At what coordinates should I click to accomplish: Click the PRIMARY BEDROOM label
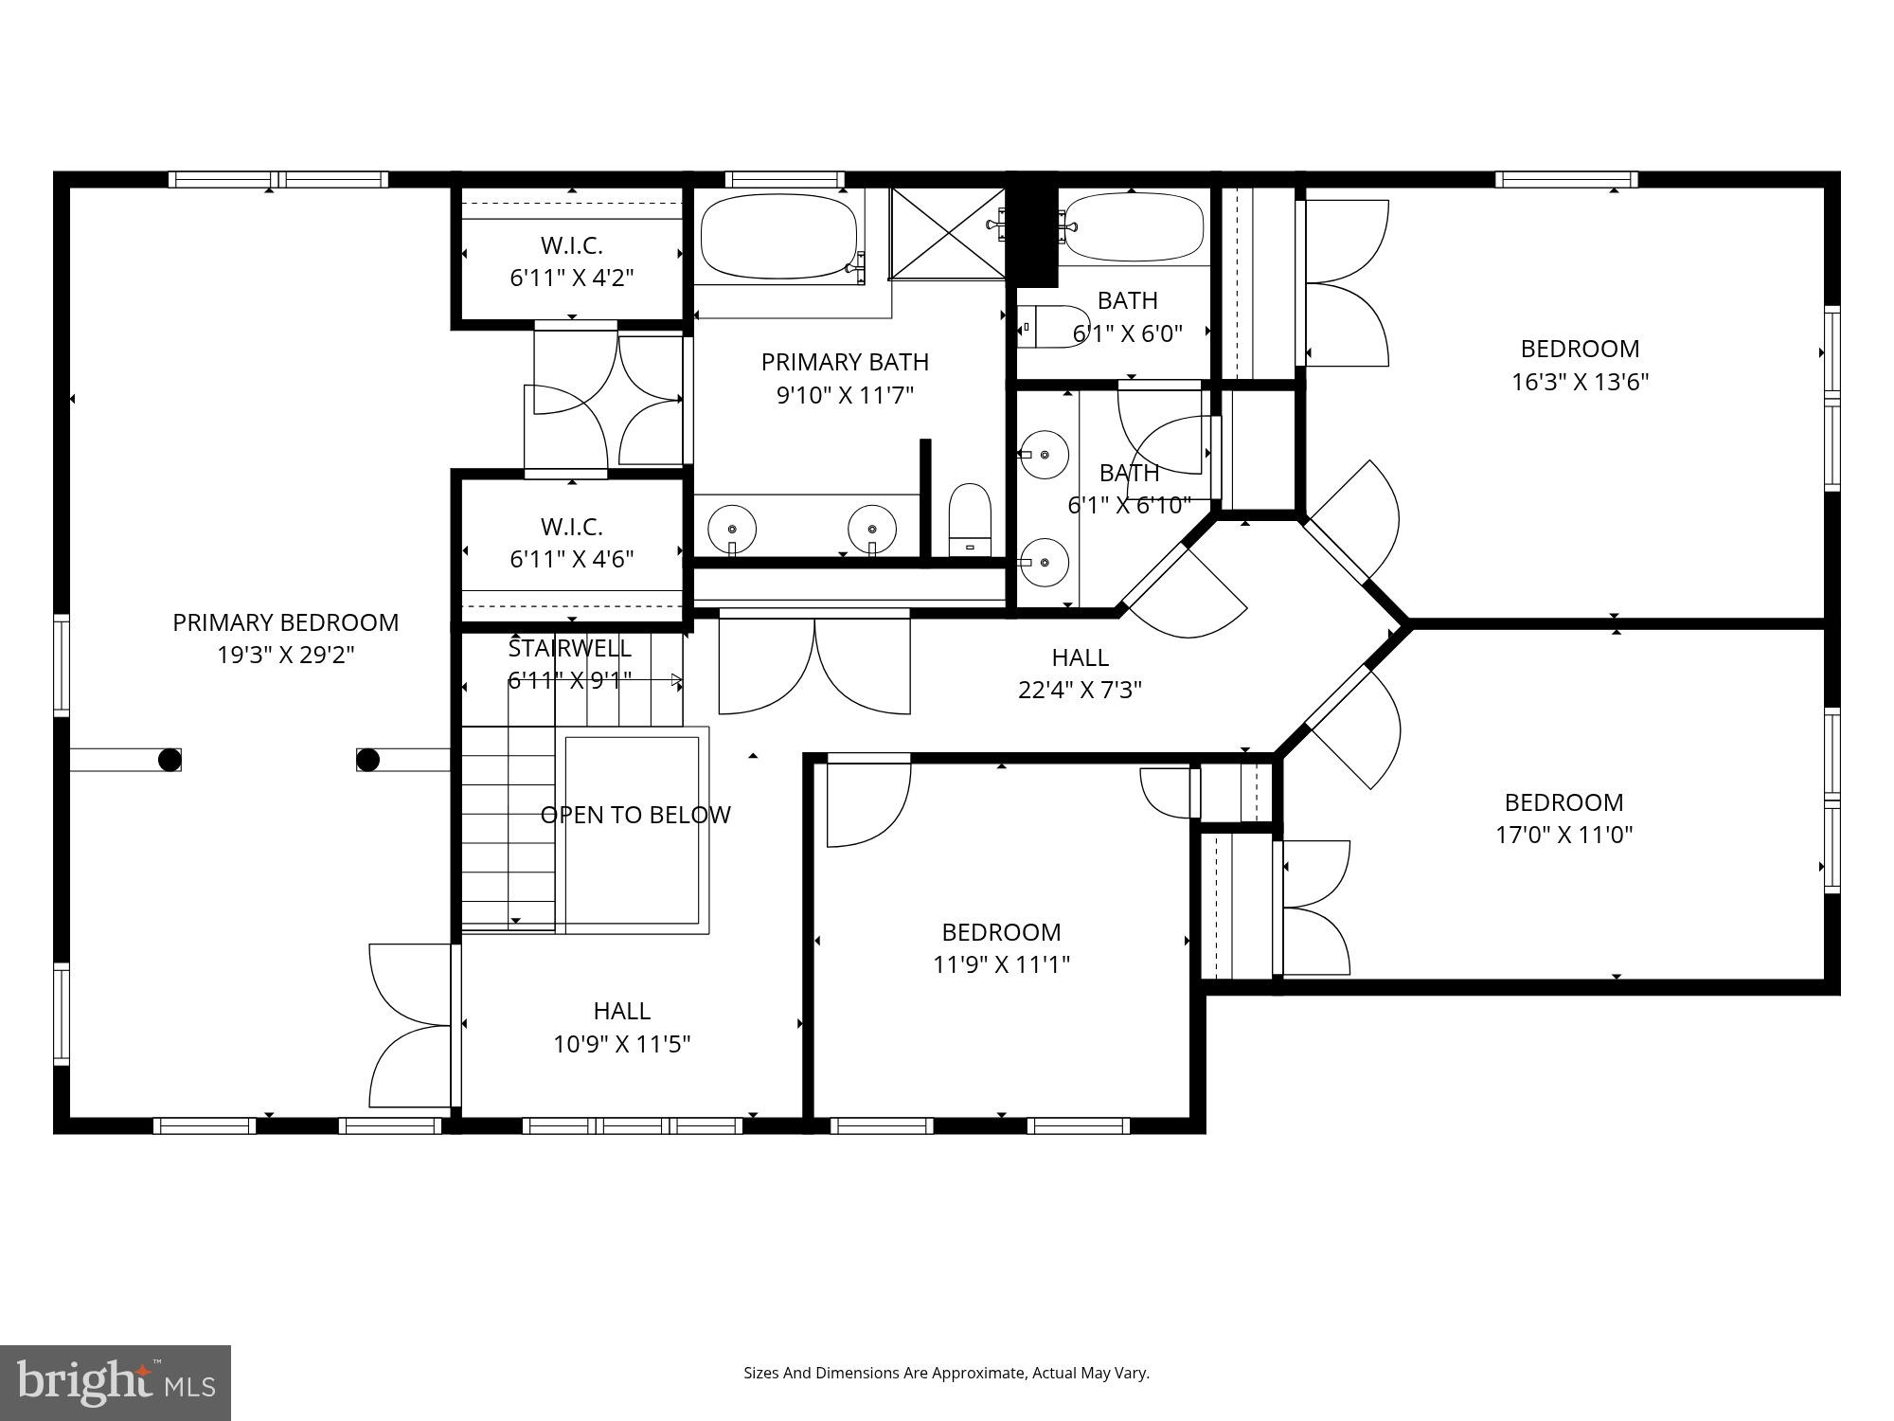[x=285, y=622]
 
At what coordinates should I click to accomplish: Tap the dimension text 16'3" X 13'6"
[x=1580, y=382]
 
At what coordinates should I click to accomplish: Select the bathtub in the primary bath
[x=778, y=236]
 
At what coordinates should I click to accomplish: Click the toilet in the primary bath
[x=970, y=520]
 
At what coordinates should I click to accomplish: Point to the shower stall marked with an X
[x=947, y=233]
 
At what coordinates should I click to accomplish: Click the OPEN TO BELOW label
[x=634, y=815]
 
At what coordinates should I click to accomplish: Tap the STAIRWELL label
[x=569, y=649]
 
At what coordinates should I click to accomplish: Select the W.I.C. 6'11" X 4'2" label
[x=571, y=261]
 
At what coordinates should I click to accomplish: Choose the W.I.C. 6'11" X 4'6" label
[x=571, y=542]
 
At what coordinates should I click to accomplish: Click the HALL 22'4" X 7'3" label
[x=1080, y=673]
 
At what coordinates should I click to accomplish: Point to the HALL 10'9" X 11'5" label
[x=621, y=1027]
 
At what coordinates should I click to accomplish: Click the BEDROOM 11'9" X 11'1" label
[x=1001, y=947]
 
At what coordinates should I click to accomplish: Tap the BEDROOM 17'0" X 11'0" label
[x=1563, y=818]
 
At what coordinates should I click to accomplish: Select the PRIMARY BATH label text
[x=845, y=362]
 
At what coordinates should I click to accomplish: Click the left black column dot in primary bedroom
[x=170, y=760]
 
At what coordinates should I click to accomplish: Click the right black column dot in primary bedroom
[x=367, y=760]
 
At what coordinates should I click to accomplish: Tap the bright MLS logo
[x=115, y=1382]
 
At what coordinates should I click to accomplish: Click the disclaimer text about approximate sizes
[x=946, y=1373]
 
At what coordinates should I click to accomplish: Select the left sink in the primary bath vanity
[x=732, y=528]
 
